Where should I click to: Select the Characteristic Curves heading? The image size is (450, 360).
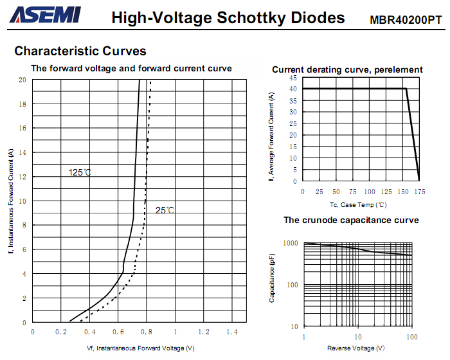80,51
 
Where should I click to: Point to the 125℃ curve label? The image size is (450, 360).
80,172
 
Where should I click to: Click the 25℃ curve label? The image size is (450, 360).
165,210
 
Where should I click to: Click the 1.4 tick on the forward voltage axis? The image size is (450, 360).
232,332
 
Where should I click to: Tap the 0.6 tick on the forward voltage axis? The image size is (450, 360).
118,332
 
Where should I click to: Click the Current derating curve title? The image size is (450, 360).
347,69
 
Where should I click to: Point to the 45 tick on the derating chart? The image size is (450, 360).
293,78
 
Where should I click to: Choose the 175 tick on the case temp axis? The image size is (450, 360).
420,192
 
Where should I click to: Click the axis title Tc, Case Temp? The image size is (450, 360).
358,204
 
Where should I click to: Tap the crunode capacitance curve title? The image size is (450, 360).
351,221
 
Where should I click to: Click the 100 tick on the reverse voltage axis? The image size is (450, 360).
412,337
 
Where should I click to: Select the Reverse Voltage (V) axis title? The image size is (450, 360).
356,348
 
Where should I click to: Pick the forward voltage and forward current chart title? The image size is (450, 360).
132,68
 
